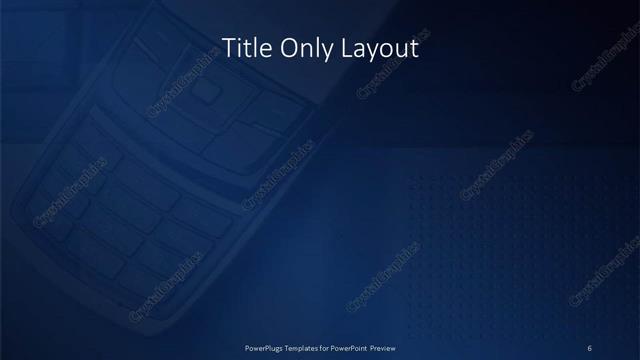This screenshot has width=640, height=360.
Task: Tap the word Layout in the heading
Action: pyautogui.click(x=377, y=48)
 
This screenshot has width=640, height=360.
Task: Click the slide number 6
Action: pyautogui.click(x=590, y=347)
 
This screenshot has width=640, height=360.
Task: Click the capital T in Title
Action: pyautogui.click(x=225, y=48)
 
